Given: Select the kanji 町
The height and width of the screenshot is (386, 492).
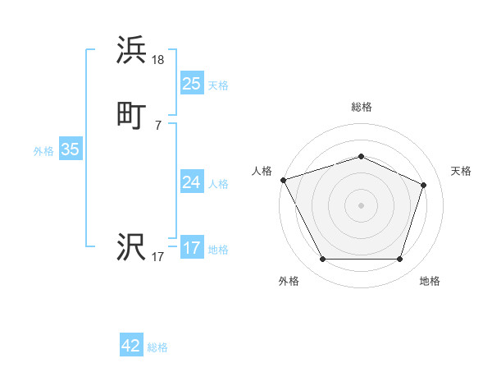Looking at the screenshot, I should click(x=132, y=115).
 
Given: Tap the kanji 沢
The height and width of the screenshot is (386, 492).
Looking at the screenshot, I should click(x=132, y=246).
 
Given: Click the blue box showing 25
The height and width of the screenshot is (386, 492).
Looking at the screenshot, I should click(x=191, y=83).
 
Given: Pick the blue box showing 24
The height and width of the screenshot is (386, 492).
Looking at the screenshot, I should click(x=191, y=182).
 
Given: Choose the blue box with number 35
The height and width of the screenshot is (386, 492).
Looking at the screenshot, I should click(x=70, y=149).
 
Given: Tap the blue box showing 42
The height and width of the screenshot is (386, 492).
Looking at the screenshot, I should click(x=131, y=346).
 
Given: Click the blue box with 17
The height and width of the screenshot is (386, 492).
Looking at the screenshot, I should click(x=191, y=248).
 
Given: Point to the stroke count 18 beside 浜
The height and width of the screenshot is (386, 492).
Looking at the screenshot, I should click(x=158, y=59).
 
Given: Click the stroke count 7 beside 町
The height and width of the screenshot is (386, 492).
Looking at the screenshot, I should click(x=158, y=125).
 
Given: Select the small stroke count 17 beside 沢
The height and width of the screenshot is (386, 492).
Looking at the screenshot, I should click(x=158, y=257).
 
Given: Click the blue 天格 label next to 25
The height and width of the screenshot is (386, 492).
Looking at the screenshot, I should click(x=218, y=85).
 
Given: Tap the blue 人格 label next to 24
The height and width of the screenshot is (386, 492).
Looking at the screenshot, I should click(x=218, y=184).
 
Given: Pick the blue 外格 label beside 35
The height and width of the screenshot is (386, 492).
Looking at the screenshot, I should click(x=43, y=151).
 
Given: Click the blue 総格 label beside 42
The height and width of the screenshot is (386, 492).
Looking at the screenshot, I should click(x=157, y=347).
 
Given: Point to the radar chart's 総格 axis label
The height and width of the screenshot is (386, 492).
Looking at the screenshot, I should click(x=362, y=107).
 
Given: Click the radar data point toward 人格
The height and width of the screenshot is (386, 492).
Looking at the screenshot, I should click(x=283, y=179).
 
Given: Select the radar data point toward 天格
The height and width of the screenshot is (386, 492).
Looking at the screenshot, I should click(x=424, y=185).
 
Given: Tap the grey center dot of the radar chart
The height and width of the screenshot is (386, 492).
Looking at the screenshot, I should click(x=361, y=204).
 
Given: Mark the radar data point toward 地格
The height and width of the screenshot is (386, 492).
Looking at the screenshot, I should click(x=399, y=260).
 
